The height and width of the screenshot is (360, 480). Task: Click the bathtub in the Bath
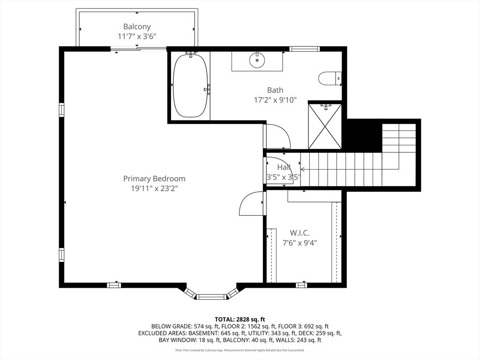tap(190, 86)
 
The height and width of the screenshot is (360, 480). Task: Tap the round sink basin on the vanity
tap(256, 60)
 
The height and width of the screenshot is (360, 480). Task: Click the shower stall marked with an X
tap(324, 126)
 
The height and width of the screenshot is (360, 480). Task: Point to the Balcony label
tap(137, 27)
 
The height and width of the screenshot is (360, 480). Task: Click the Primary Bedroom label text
tap(154, 179)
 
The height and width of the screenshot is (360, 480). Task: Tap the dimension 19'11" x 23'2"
tap(154, 188)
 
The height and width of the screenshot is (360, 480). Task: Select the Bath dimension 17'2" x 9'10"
tap(275, 100)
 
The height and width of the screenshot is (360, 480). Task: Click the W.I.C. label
tap(300, 233)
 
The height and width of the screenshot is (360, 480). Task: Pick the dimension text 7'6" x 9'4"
tap(300, 243)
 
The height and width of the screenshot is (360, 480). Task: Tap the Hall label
tap(284, 167)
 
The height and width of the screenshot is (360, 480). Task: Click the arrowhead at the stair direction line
tap(302, 169)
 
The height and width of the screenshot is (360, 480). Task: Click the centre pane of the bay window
tap(211, 296)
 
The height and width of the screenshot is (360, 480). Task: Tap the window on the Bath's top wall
tap(304, 49)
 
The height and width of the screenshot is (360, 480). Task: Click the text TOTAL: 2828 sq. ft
tap(240, 320)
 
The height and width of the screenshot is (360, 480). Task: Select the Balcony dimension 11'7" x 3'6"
tap(137, 37)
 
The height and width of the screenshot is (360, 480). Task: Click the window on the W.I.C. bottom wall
tap(301, 285)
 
